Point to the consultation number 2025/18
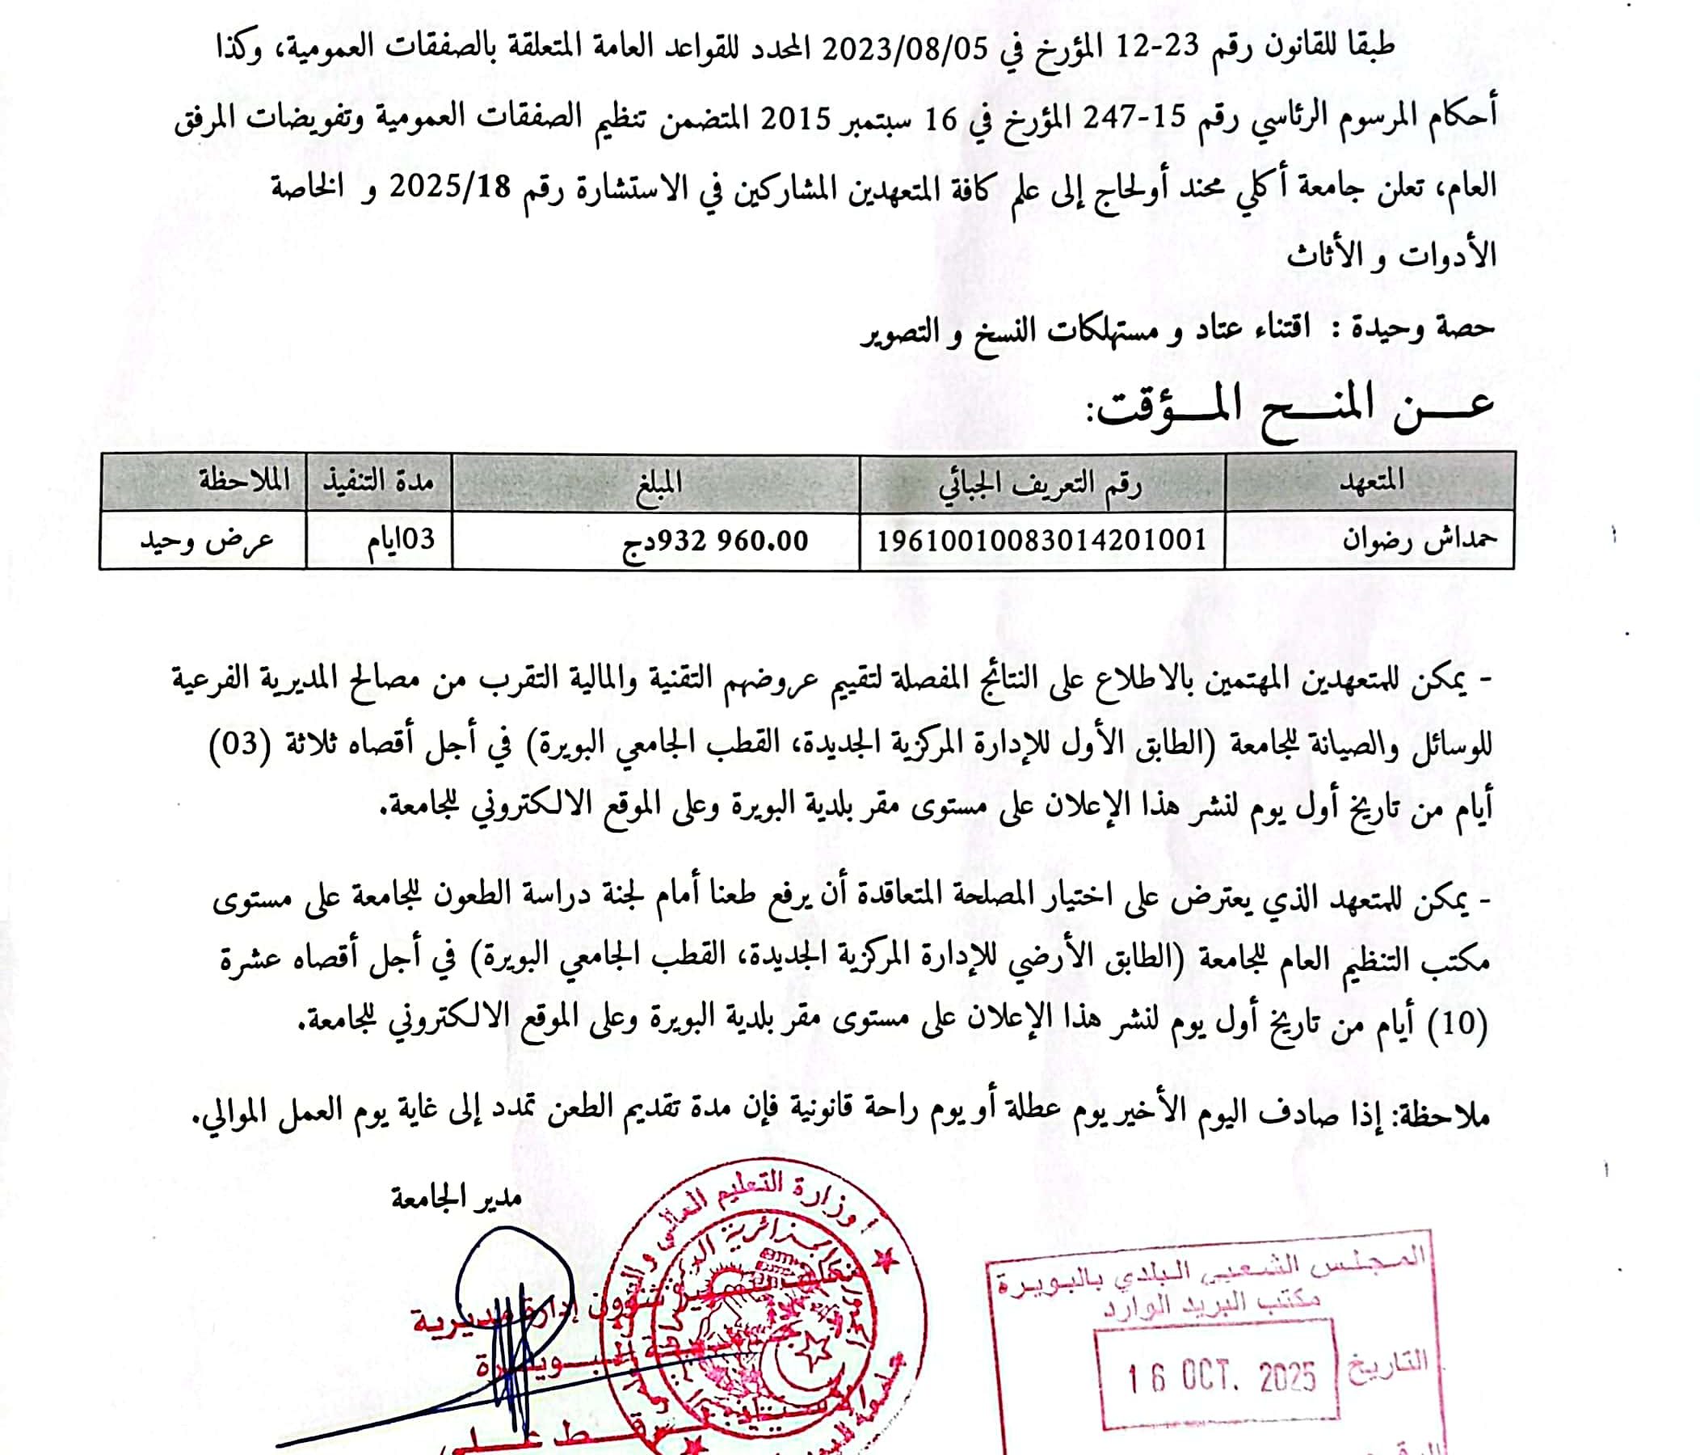(448, 187)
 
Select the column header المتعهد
(1370, 482)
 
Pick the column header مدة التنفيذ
(378, 482)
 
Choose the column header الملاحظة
(244, 482)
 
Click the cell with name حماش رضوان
(1419, 539)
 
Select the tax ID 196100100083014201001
(1042, 540)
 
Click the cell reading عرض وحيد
(206, 541)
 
